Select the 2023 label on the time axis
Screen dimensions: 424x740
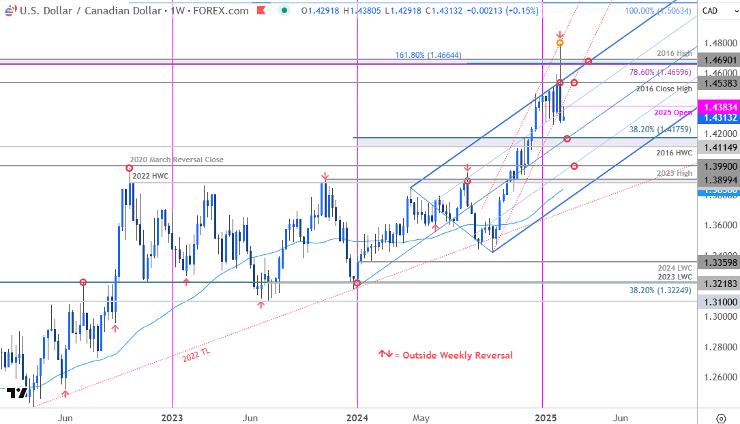[172, 417]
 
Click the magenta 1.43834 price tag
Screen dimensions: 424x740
[718, 106]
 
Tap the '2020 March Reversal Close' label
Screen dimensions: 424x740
[178, 160]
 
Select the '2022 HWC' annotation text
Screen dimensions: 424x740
[149, 176]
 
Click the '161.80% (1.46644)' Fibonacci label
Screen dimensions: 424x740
[433, 55]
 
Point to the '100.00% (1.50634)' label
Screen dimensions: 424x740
[657, 11]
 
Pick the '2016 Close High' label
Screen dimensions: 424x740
[664, 89]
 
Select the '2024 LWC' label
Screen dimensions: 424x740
[675, 268]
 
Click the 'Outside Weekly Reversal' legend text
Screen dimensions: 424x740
[457, 355]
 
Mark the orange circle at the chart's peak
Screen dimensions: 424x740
[560, 43]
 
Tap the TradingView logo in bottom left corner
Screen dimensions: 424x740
[17, 393]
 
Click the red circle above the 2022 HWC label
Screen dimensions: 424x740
[129, 168]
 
